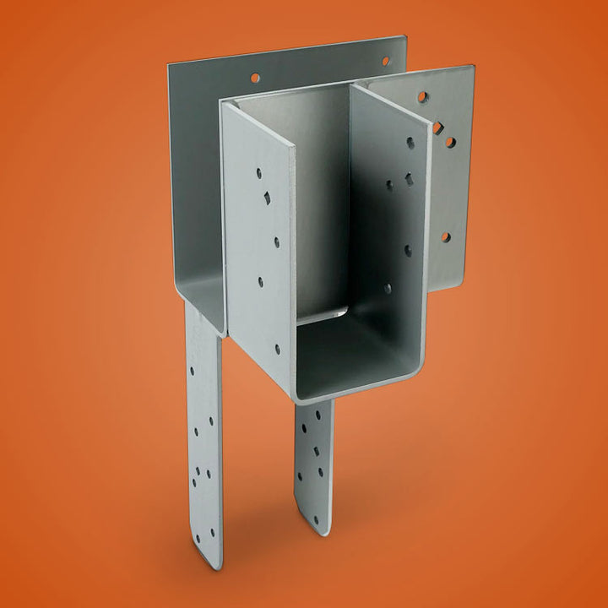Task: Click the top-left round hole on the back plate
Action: pos(254,77)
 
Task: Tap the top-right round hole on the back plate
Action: pos(385,61)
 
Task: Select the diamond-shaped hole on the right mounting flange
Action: pos(437,128)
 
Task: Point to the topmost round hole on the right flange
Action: pos(422,98)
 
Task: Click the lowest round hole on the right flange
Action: pos(445,237)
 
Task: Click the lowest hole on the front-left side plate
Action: pos(278,347)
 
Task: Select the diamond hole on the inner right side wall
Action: pos(408,179)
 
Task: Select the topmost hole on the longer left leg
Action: pos(189,371)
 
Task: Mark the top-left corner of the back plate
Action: pos(169,64)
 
